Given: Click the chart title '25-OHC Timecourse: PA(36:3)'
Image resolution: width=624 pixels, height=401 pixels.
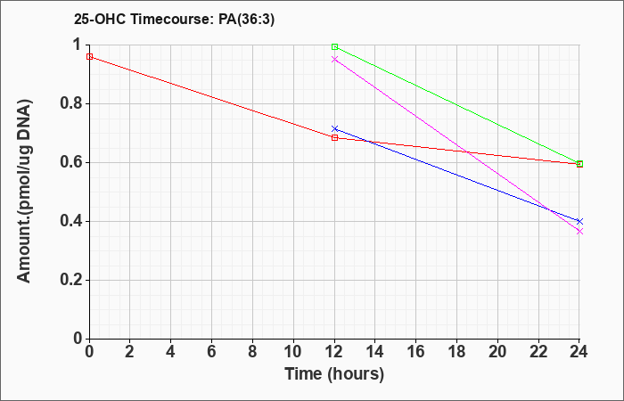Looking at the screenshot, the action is point(174,19).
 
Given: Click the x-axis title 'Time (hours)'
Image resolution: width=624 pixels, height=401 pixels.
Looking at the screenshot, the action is point(334,374).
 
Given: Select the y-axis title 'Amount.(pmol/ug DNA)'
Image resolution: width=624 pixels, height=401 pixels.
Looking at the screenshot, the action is point(24,192).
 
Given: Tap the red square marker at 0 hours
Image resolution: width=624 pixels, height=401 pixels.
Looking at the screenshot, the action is point(89,57).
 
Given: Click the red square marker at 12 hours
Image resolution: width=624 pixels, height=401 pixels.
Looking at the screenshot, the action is point(334,137).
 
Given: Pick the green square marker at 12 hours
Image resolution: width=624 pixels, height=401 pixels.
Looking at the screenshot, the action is point(334,47).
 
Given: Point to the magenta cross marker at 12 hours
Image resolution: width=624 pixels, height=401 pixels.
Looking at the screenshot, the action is point(334,60).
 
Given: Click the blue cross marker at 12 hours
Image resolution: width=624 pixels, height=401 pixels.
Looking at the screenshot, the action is point(334,129).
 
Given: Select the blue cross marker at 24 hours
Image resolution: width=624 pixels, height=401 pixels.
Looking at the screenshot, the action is point(579,221).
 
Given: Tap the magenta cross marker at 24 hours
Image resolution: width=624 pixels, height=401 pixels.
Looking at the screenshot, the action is point(579,231).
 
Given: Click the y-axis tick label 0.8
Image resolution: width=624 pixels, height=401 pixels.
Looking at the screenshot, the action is point(71,104).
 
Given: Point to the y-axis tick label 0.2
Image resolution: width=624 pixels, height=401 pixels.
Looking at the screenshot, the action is point(71,280).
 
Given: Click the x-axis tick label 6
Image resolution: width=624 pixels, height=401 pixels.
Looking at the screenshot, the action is point(212,352).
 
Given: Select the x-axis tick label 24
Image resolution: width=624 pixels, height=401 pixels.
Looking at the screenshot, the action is point(579,352).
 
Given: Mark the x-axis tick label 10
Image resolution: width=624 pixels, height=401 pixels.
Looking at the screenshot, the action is point(293,352).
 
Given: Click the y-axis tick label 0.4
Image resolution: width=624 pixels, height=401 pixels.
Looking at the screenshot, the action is point(71,221).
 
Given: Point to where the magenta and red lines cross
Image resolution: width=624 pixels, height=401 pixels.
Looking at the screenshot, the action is point(466,152).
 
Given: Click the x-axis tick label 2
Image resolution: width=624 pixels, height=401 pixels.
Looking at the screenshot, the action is point(130,352).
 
